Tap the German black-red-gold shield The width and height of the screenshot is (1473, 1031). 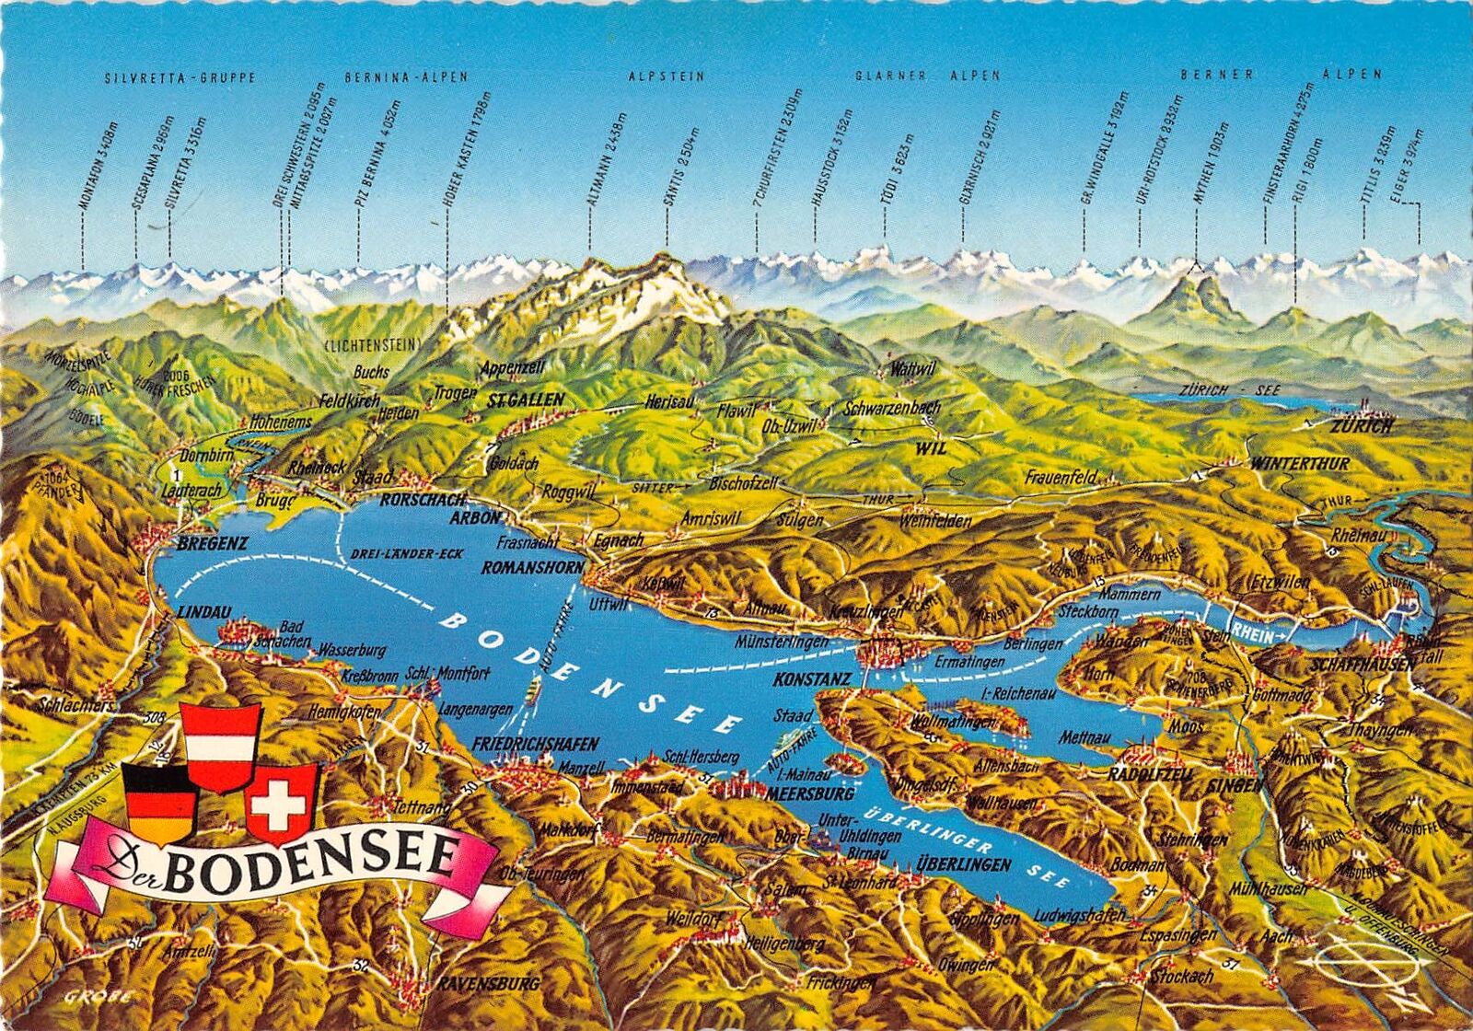(159, 803)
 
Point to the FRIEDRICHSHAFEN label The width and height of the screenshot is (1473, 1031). (535, 744)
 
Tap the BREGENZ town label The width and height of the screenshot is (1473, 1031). (213, 543)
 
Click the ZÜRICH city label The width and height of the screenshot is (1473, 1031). (1361, 426)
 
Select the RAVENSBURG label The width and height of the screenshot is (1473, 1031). (488, 983)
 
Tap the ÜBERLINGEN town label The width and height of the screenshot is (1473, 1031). (963, 864)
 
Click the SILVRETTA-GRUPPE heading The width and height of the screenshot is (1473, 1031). (180, 77)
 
